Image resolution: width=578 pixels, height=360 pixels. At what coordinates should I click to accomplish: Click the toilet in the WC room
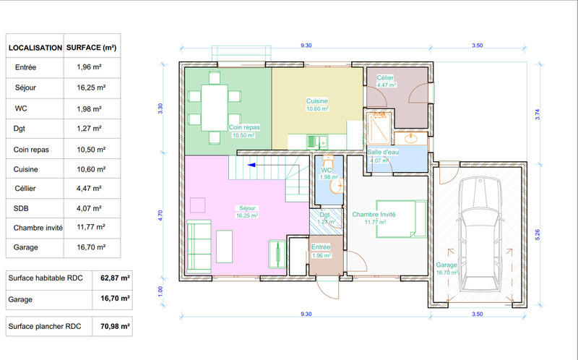(x=335, y=186)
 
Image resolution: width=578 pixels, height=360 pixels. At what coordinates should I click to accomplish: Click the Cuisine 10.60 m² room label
(x=317, y=105)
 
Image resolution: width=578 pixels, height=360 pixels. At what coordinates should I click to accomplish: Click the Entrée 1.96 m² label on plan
(x=321, y=251)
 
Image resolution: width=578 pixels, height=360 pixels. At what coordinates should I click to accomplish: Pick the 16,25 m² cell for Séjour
(x=91, y=88)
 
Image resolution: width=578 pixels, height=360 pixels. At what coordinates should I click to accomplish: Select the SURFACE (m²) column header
(x=91, y=48)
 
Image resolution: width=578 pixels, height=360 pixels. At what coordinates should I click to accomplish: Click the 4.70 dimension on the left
(x=161, y=215)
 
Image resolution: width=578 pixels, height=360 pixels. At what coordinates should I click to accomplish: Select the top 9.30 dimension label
(x=306, y=46)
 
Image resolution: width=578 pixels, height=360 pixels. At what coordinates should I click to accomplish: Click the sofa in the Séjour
(x=199, y=242)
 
